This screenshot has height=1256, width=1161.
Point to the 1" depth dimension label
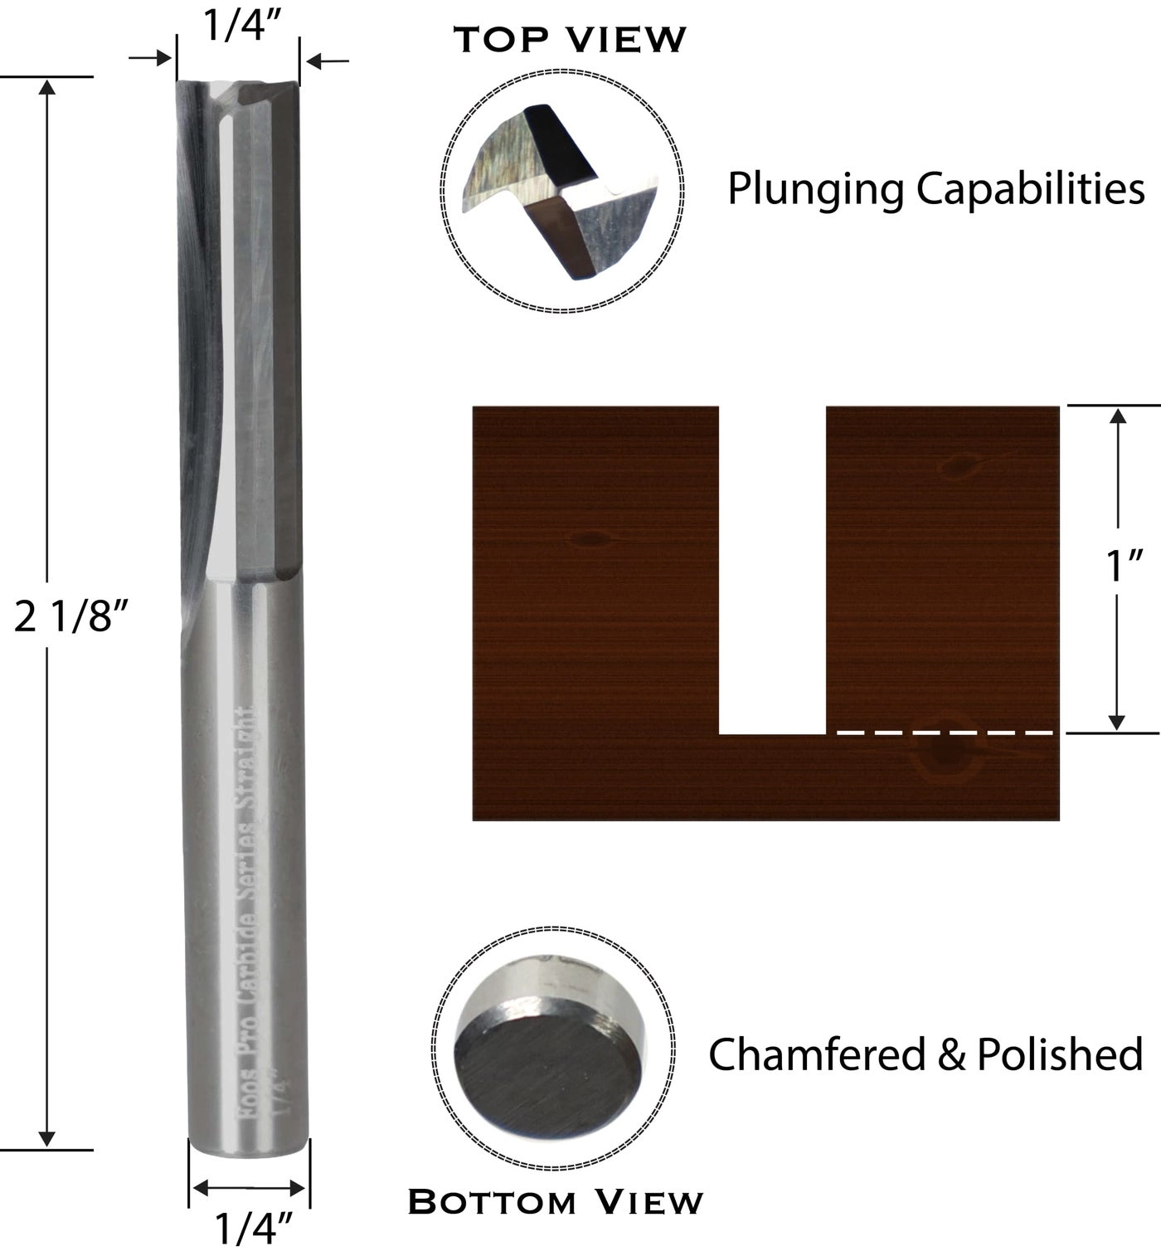(1125, 567)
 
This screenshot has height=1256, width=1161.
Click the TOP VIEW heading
(571, 39)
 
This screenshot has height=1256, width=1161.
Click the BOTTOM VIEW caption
(556, 1202)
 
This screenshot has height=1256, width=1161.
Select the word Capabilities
(1031, 189)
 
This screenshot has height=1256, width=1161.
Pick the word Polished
(1060, 1054)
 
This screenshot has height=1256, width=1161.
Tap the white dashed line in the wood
(945, 733)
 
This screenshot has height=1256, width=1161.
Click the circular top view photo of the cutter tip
(562, 191)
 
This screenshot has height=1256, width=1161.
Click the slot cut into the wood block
(772, 572)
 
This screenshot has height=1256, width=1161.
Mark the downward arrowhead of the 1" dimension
(1117, 722)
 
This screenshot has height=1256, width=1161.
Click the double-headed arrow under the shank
(249, 1189)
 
